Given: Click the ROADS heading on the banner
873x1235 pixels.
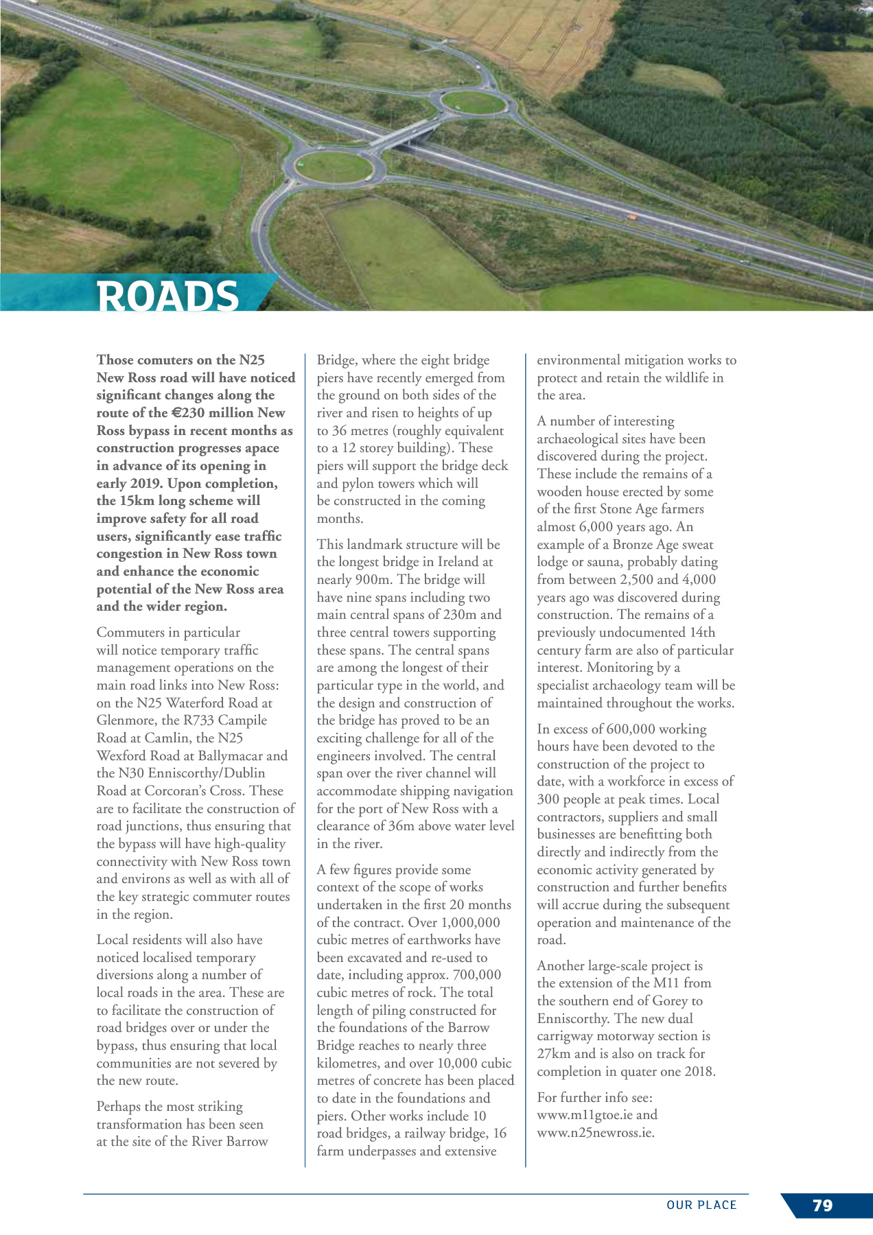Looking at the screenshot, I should [168, 296].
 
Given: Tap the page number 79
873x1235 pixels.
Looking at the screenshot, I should [822, 1205].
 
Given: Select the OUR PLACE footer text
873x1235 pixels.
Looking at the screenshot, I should [701, 1205].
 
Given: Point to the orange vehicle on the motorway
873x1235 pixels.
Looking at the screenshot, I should [631, 217].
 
